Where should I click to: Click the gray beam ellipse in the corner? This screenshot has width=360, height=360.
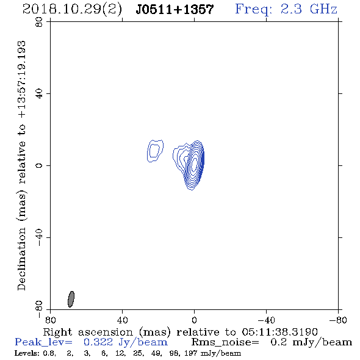71,299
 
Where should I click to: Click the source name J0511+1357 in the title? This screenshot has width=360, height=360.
175,9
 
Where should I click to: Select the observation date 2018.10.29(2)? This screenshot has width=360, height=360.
72,10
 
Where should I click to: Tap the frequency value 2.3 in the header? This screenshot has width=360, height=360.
291,9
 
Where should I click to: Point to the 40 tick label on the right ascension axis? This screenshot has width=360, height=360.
122,320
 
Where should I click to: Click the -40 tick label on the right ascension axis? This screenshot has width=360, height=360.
266,320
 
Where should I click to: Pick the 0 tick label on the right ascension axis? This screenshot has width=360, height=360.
194,320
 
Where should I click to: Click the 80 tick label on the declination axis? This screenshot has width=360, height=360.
39,22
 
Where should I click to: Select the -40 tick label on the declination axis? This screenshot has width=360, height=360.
39,237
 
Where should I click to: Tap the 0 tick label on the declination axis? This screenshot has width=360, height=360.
39,165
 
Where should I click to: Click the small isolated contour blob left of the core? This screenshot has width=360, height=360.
155,151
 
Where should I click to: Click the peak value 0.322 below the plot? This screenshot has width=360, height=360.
98,342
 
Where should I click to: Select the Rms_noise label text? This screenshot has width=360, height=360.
225,342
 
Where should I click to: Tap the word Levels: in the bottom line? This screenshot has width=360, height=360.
27,353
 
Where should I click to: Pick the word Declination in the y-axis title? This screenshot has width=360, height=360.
21,259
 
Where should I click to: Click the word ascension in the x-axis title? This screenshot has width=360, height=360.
106,332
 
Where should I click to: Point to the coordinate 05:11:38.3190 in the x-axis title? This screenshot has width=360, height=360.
279,332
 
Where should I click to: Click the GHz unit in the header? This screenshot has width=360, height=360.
323,9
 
